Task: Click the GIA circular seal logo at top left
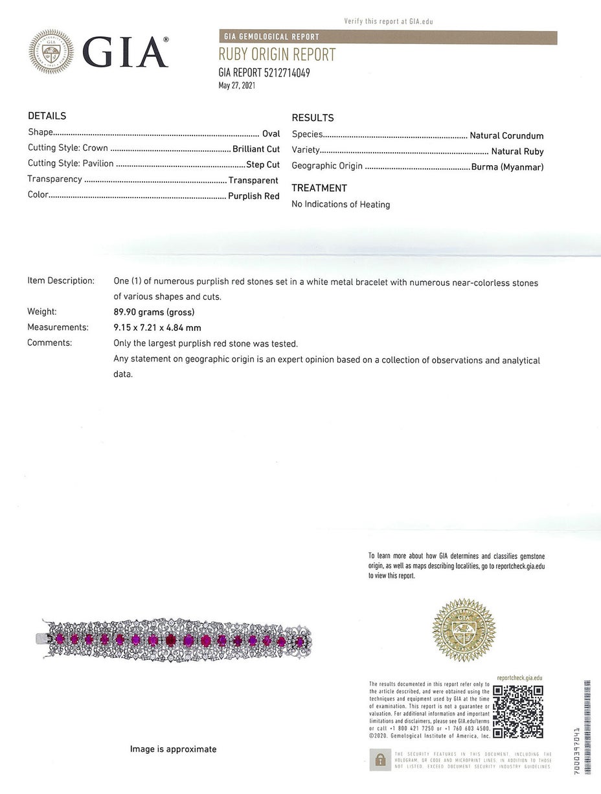pos(51,52)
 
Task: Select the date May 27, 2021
pos(236,85)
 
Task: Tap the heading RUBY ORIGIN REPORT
pos(277,55)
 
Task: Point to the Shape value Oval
pos(271,133)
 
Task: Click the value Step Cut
pos(263,164)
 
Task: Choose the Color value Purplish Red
pos(254,196)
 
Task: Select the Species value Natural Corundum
pos(506,136)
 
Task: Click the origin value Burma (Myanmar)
pos(508,167)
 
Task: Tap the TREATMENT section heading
pos(319,188)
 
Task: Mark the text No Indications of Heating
pos(341,205)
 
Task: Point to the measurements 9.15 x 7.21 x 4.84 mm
pos(157,328)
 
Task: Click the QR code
pos(517,711)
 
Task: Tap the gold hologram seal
pos(463,630)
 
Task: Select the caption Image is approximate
pos(174,749)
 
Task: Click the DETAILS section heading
pos(47,116)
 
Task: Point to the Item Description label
pos(61,281)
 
